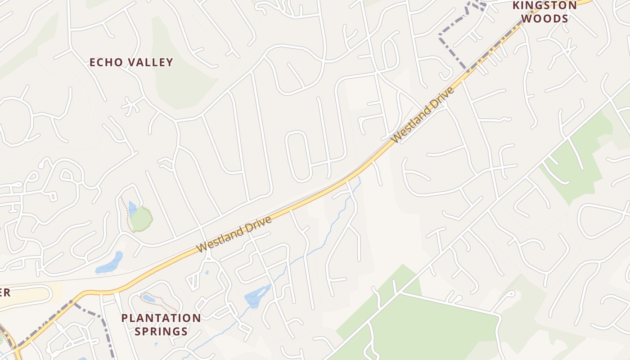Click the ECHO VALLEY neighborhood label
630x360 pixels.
(x=131, y=62)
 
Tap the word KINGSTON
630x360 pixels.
(x=545, y=5)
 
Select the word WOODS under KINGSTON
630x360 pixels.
(x=545, y=19)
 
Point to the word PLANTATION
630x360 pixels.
(x=161, y=318)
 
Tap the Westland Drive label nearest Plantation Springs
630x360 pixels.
(x=235, y=234)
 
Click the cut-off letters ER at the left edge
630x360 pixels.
(x=4, y=292)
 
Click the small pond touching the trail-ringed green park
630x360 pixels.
(x=132, y=208)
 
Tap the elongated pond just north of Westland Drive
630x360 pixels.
(x=110, y=263)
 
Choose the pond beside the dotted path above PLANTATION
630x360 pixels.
(x=148, y=298)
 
